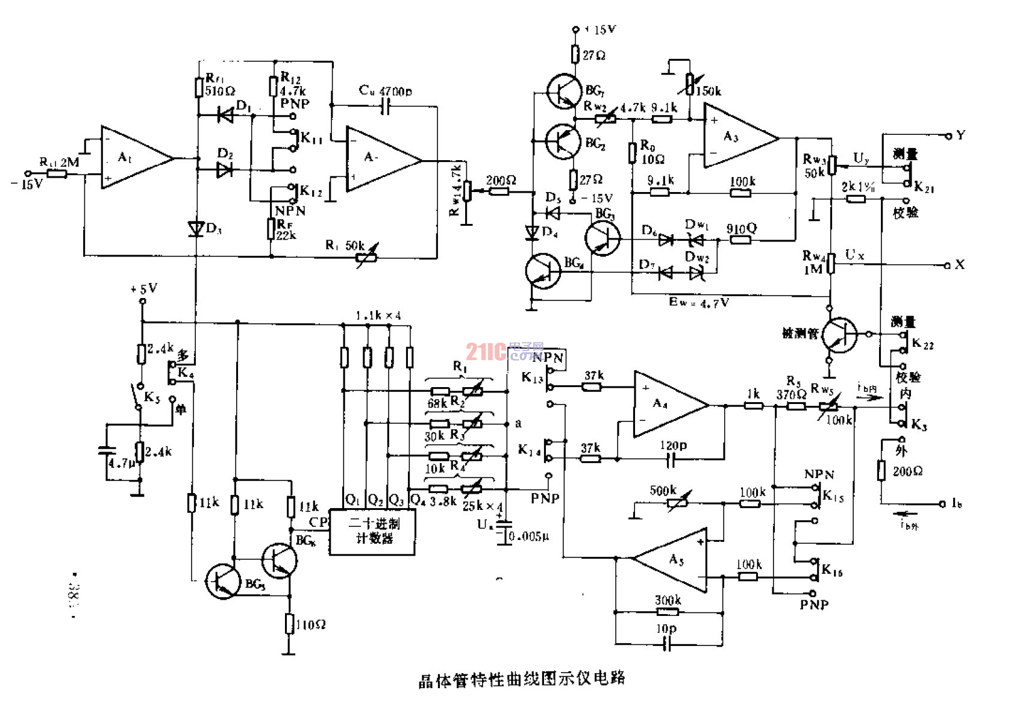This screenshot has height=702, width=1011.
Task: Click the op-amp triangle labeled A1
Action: click(133, 158)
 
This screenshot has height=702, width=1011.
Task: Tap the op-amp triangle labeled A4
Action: click(666, 404)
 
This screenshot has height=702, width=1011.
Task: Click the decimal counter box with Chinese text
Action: click(372, 532)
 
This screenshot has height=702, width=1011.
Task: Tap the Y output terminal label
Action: click(960, 135)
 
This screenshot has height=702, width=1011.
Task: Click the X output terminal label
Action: click(960, 264)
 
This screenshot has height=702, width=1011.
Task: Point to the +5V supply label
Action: click(143, 289)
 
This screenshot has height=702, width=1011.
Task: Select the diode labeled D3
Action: click(196, 228)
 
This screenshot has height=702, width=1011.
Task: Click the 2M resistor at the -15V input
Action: click(57, 174)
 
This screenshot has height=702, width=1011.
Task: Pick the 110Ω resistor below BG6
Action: click(289, 624)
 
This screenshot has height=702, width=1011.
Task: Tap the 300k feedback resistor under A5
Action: click(668, 612)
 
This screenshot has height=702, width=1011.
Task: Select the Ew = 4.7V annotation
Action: click(699, 302)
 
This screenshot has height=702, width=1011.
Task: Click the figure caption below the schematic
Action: click(522, 679)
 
